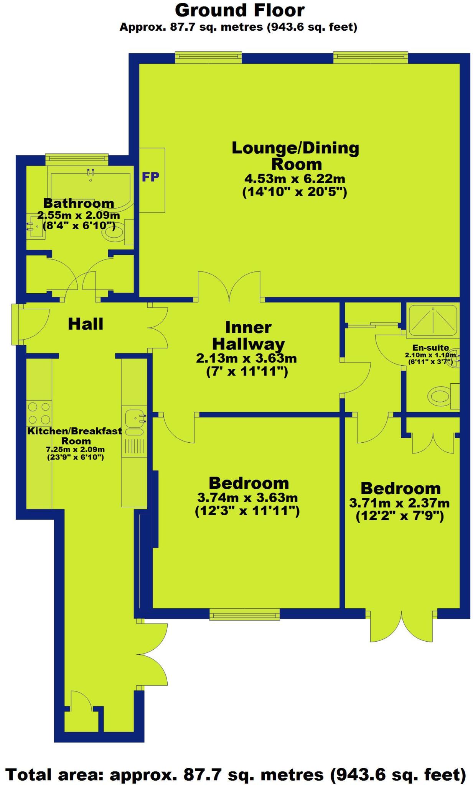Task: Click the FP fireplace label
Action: pyautogui.click(x=150, y=177)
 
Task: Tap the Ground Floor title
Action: pyautogui.click(x=240, y=10)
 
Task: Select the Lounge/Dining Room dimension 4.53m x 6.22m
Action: pyautogui.click(x=295, y=179)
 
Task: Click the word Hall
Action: pyautogui.click(x=86, y=324)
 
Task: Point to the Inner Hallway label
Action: pyautogui.click(x=248, y=336)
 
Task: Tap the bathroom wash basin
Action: pyautogui.click(x=36, y=227)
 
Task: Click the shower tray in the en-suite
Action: pyautogui.click(x=433, y=320)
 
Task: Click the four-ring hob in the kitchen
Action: pyautogui.click(x=39, y=412)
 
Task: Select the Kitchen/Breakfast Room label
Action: pyautogui.click(x=75, y=436)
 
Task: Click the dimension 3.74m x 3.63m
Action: pyautogui.click(x=247, y=498)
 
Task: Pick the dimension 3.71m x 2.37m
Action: pyautogui.click(x=399, y=503)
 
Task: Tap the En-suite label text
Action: pyautogui.click(x=430, y=348)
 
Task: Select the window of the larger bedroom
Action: pyautogui.click(x=245, y=615)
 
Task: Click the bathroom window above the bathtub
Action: pyautogui.click(x=77, y=158)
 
